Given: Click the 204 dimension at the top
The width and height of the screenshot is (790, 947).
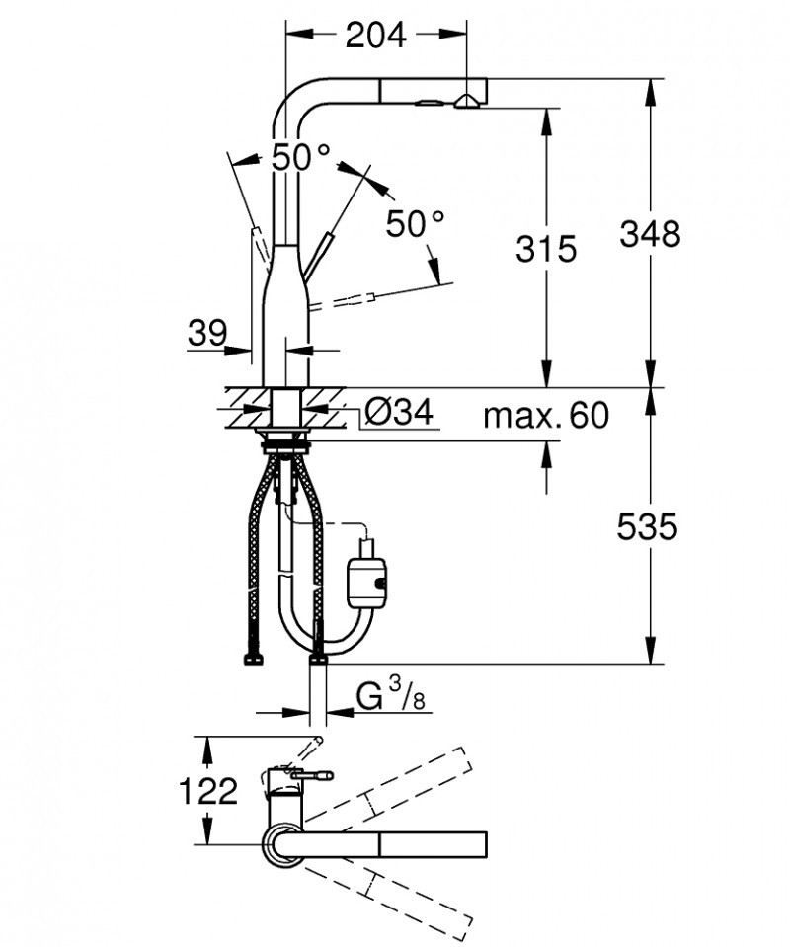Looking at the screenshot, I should tap(375, 36).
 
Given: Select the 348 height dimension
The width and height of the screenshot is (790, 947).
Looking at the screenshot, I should tap(650, 235).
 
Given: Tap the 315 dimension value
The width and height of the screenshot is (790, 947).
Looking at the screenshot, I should tap(545, 249).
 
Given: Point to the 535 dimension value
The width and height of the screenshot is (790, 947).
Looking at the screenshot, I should tap(647, 528).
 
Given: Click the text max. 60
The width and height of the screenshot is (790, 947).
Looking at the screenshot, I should tap(545, 416).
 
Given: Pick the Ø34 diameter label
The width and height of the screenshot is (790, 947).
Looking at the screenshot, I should tap(398, 413).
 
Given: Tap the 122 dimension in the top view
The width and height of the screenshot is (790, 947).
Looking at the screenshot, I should tap(209, 790).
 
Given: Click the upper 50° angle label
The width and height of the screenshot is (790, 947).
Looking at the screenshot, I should tap(300, 157).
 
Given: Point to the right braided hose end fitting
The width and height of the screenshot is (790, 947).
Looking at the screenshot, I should tap(318, 657).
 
